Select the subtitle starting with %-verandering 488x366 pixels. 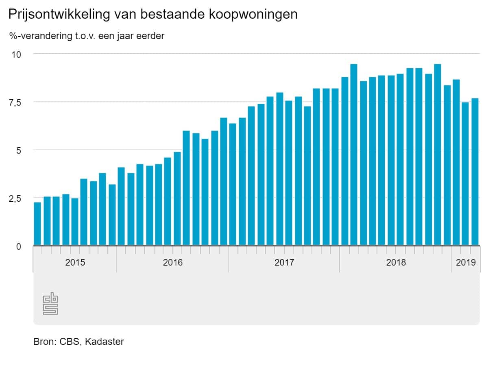tap(87, 36)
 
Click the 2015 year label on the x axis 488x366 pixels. tap(75, 262)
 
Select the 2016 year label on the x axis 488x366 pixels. tap(173, 262)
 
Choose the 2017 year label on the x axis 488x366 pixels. tap(284, 262)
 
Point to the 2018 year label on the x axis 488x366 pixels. tap(396, 262)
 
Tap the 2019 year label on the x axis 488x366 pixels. tap(466, 262)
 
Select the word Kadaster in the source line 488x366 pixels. tap(105, 342)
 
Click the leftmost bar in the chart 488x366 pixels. tap(37, 224)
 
